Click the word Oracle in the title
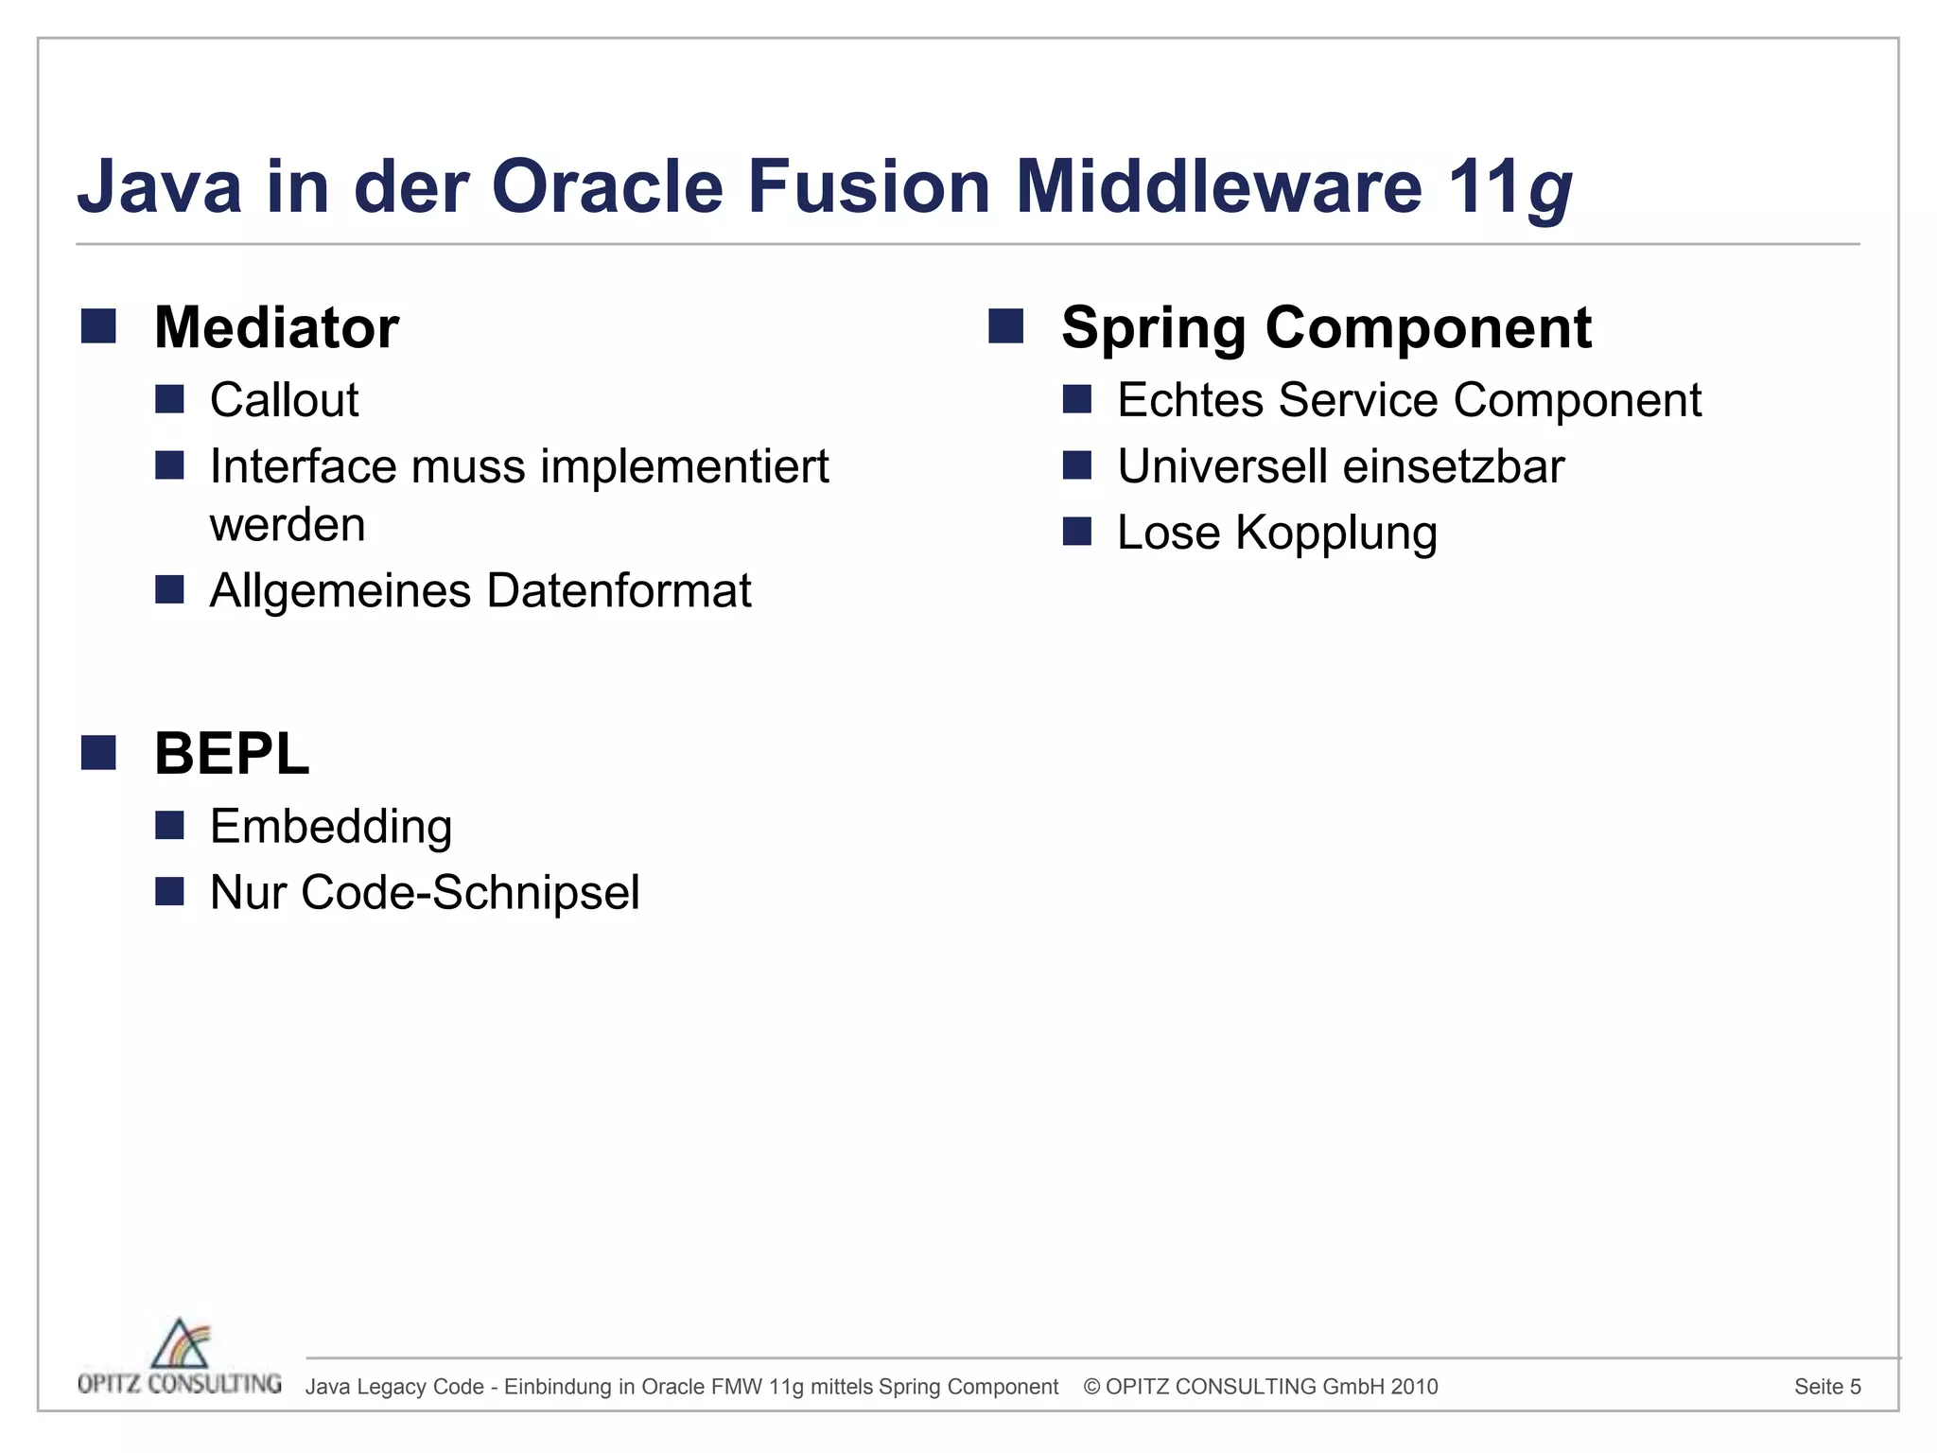point(607,185)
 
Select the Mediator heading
point(276,327)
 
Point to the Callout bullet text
point(284,399)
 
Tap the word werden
point(288,525)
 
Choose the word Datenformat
point(619,591)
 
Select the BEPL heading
point(232,754)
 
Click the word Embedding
point(331,826)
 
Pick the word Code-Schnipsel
point(470,892)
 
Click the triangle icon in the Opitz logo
point(180,1343)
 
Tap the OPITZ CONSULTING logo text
point(180,1384)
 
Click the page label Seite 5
point(1827,1387)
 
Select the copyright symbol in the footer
point(1091,1387)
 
